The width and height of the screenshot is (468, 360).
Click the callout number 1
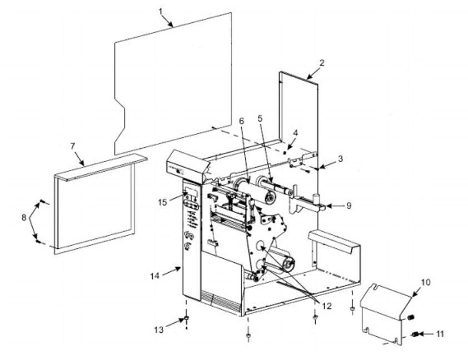point(161,11)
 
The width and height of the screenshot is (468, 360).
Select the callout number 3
point(341,158)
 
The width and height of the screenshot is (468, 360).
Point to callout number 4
point(295,133)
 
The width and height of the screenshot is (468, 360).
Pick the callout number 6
point(242,121)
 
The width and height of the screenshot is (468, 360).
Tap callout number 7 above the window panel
point(72,146)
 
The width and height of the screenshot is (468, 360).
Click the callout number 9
point(348,206)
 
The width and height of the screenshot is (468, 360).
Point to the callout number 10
point(425,282)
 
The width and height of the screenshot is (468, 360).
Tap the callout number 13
point(159,329)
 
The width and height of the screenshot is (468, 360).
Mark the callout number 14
point(155,275)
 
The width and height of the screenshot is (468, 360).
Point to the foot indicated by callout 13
point(186,318)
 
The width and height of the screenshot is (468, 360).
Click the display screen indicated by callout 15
point(192,192)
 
